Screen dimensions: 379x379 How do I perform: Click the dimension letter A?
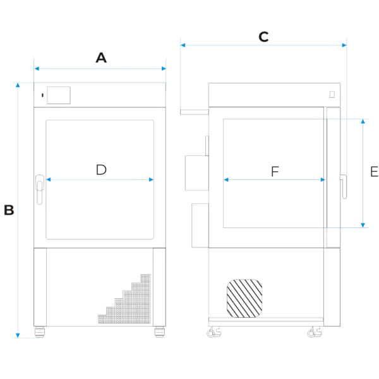pos(101,57)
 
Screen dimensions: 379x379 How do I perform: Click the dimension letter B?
pos(9,210)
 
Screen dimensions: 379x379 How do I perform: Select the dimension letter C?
pos(263,37)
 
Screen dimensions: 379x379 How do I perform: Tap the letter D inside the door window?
pos(101,170)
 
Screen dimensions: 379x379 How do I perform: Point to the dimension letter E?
pos(375,172)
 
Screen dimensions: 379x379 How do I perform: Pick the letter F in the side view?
pos(275,172)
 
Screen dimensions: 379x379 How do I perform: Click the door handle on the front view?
pos(40,189)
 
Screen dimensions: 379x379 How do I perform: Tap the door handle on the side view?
pos(344,186)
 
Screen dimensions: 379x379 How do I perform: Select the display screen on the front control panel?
pos(59,95)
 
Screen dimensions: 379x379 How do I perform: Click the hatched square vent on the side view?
pos(244,298)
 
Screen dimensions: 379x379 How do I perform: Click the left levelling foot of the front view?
pos(40,332)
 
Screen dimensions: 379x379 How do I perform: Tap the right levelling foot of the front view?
pos(160,332)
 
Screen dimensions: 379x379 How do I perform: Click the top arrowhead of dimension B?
pos(18,85)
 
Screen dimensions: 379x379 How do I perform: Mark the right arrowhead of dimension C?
pos(344,45)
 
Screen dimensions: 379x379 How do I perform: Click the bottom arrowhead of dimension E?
pos(363,226)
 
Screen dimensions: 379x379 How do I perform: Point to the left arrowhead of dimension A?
pos(37,69)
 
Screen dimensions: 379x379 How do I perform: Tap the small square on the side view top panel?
pos(332,94)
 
